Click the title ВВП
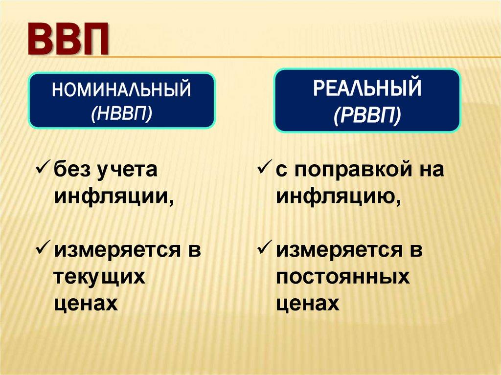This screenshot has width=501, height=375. (x=67, y=40)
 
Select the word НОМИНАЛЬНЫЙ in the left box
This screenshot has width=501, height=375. (x=121, y=91)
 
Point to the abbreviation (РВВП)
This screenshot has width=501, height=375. (x=367, y=115)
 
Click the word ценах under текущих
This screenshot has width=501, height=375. (x=86, y=304)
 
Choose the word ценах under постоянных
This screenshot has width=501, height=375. (x=308, y=304)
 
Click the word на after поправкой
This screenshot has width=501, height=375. (x=431, y=170)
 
